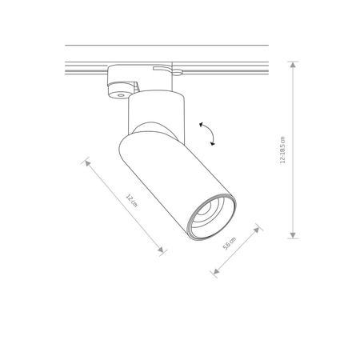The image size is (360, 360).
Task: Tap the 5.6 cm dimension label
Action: point(230,243)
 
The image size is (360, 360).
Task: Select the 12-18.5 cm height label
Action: point(282,150)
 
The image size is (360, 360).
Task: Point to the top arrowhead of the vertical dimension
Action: point(294,64)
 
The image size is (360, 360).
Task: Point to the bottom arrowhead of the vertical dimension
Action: point(294,235)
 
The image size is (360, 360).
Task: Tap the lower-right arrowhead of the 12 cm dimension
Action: point(162,250)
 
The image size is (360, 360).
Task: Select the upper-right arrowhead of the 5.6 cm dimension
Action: point(258,227)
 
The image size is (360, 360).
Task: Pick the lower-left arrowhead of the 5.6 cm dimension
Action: point(214,273)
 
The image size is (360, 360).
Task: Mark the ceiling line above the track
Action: point(160,46)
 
